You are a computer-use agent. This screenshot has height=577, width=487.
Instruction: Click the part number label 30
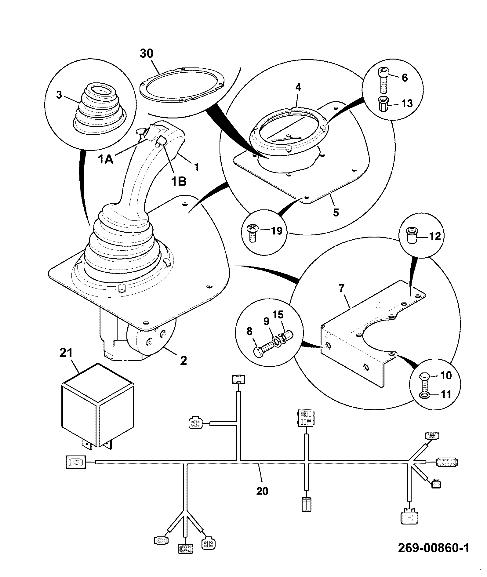click(x=147, y=54)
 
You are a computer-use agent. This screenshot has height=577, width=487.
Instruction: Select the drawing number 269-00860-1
click(x=433, y=548)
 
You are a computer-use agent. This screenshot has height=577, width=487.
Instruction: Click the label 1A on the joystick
click(x=106, y=159)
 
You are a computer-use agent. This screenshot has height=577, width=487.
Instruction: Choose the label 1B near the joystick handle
click(x=178, y=181)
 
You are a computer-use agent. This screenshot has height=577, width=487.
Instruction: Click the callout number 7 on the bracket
click(x=341, y=288)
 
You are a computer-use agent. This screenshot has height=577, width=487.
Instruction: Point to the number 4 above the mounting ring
click(x=298, y=88)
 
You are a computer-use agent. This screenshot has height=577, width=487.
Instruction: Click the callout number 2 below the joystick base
click(x=183, y=361)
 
